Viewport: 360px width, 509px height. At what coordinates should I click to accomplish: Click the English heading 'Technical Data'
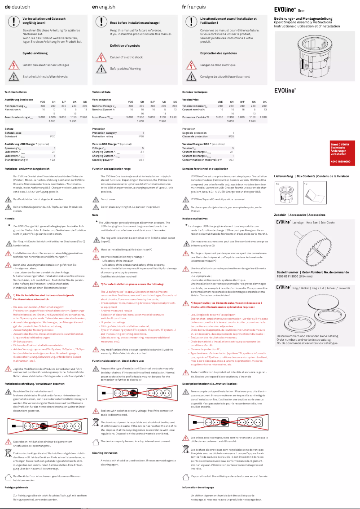pyautogui.click(x=101, y=92)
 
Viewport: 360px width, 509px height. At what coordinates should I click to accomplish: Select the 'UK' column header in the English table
pyautogui.click(x=164, y=102)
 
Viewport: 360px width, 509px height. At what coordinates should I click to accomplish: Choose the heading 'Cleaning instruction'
pyautogui.click(x=105, y=453)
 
